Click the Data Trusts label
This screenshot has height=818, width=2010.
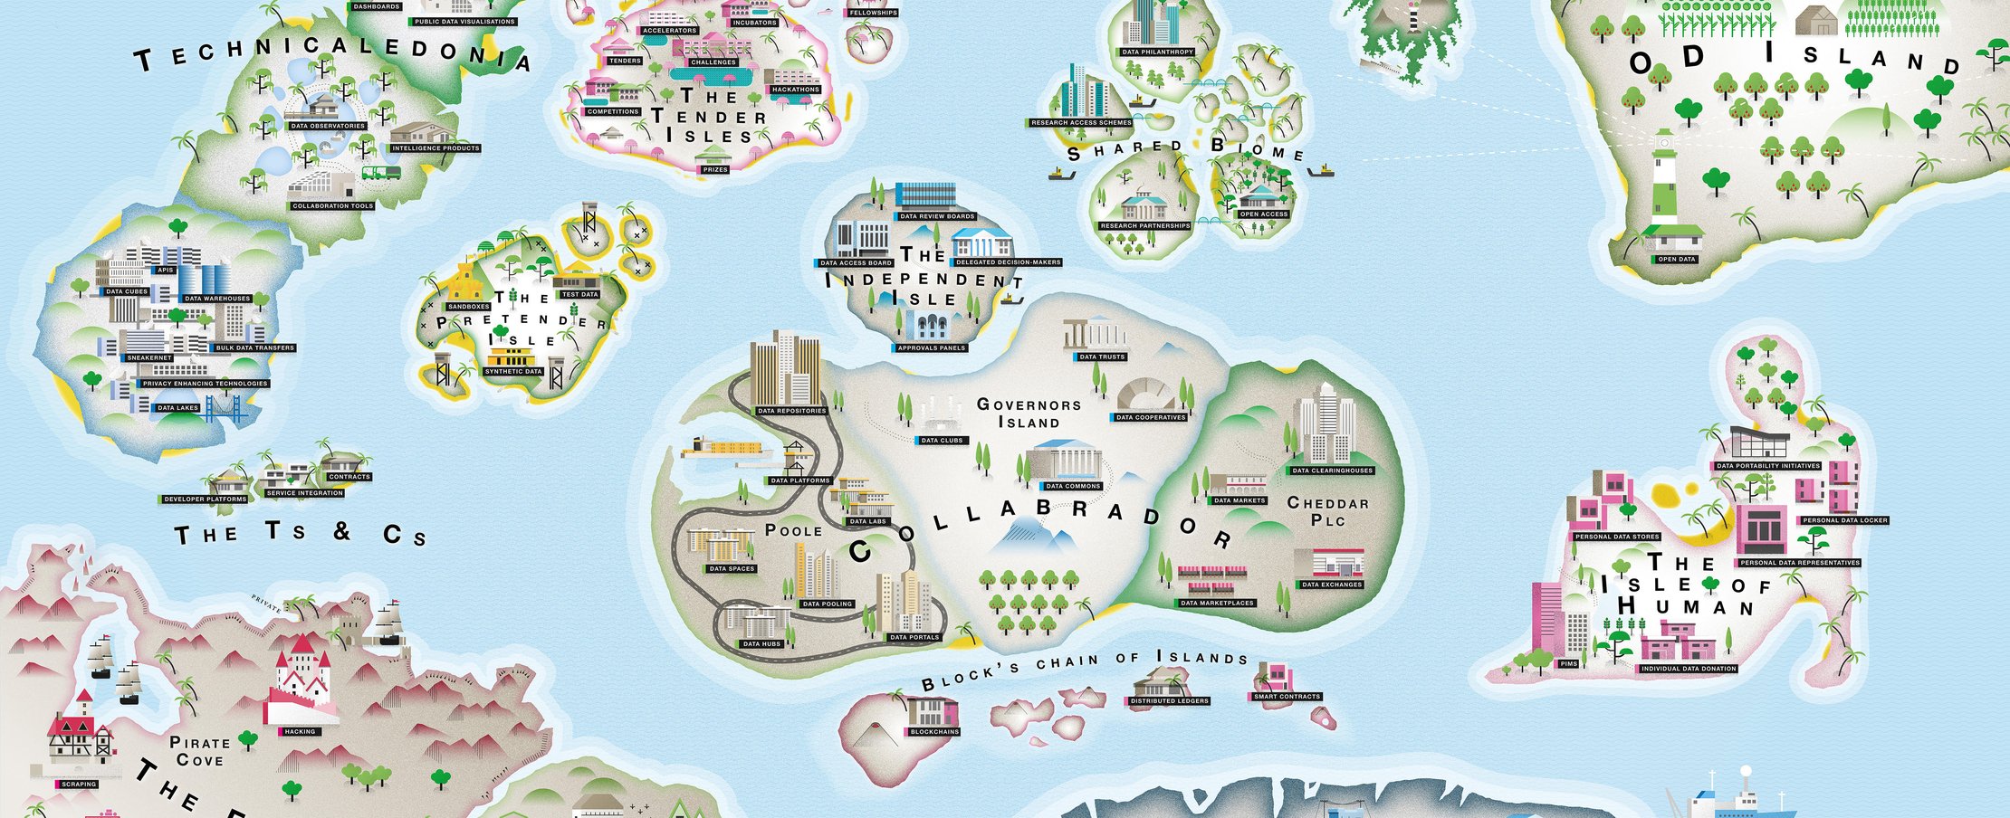(1102, 357)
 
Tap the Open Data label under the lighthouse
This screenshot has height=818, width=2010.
(1676, 260)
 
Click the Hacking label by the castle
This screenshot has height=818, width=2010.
(300, 731)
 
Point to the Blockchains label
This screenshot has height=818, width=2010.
(934, 731)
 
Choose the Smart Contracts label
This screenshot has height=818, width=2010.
(1287, 697)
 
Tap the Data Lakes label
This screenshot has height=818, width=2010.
(177, 408)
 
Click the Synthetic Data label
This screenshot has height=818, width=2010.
(513, 371)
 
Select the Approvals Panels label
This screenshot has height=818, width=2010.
(931, 347)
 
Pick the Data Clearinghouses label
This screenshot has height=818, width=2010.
(1332, 471)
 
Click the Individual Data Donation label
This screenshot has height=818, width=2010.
(1689, 669)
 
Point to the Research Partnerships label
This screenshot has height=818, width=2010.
(1144, 225)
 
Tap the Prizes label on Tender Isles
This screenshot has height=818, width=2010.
(715, 169)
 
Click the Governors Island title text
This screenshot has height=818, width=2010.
(1029, 413)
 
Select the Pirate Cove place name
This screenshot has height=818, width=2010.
(200, 751)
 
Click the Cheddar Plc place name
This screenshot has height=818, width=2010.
(1327, 510)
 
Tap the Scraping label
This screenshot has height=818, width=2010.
(79, 784)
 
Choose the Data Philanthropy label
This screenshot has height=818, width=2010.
(1157, 52)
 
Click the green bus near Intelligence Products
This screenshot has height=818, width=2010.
(381, 173)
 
